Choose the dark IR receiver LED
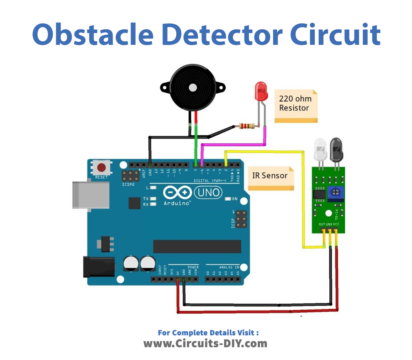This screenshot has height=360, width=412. click(337, 151)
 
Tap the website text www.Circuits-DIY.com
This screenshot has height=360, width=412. click(207, 342)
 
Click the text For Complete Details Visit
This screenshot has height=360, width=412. click(206, 330)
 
